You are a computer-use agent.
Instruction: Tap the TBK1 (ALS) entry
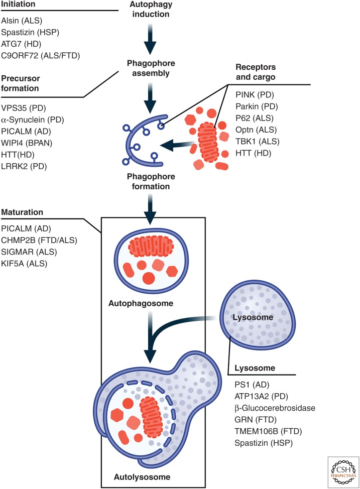click(258, 141)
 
